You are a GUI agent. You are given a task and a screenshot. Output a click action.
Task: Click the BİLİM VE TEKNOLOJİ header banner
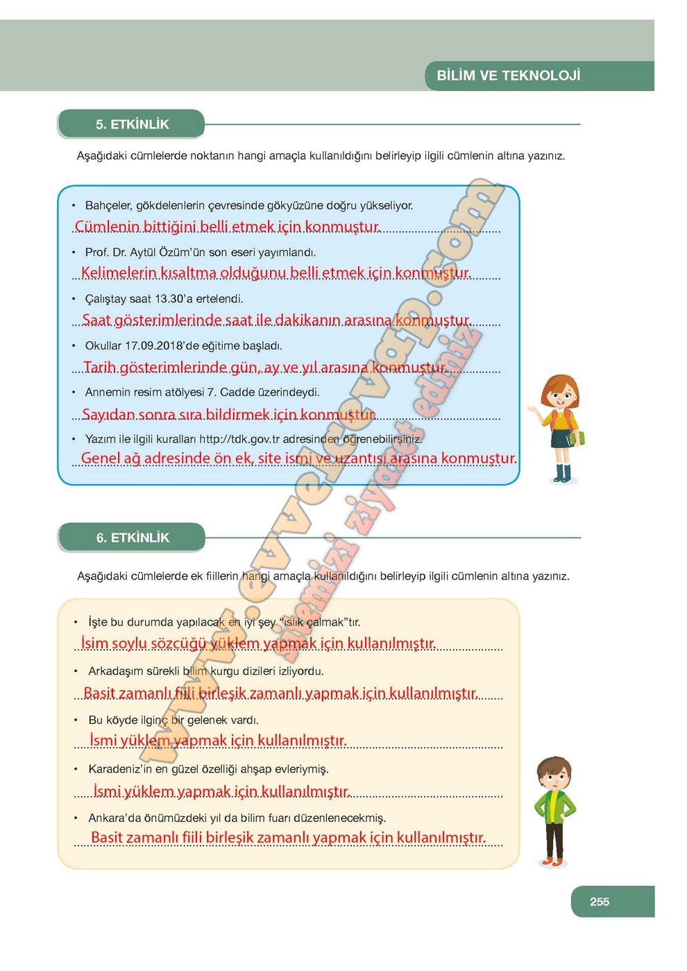tap(509, 76)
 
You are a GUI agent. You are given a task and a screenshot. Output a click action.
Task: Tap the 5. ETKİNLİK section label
tap(132, 124)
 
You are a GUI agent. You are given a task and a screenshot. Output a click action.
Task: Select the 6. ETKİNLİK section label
tap(133, 538)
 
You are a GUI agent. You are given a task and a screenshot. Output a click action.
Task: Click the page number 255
tap(600, 902)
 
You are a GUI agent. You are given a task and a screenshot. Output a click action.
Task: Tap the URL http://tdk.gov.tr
tap(239, 439)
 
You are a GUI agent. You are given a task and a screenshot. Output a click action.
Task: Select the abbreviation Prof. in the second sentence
tap(96, 252)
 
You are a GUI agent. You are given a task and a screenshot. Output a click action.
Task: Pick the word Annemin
tap(108, 392)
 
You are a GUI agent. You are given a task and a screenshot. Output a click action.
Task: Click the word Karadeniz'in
tap(120, 768)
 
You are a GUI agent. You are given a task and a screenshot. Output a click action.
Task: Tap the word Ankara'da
tap(115, 818)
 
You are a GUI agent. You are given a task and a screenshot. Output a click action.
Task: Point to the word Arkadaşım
tap(115, 671)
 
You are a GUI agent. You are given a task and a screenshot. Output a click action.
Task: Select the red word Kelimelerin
tap(119, 273)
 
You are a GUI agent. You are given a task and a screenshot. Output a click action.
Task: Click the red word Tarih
tap(99, 367)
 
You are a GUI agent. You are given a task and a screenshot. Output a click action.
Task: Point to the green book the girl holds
tap(580, 438)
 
